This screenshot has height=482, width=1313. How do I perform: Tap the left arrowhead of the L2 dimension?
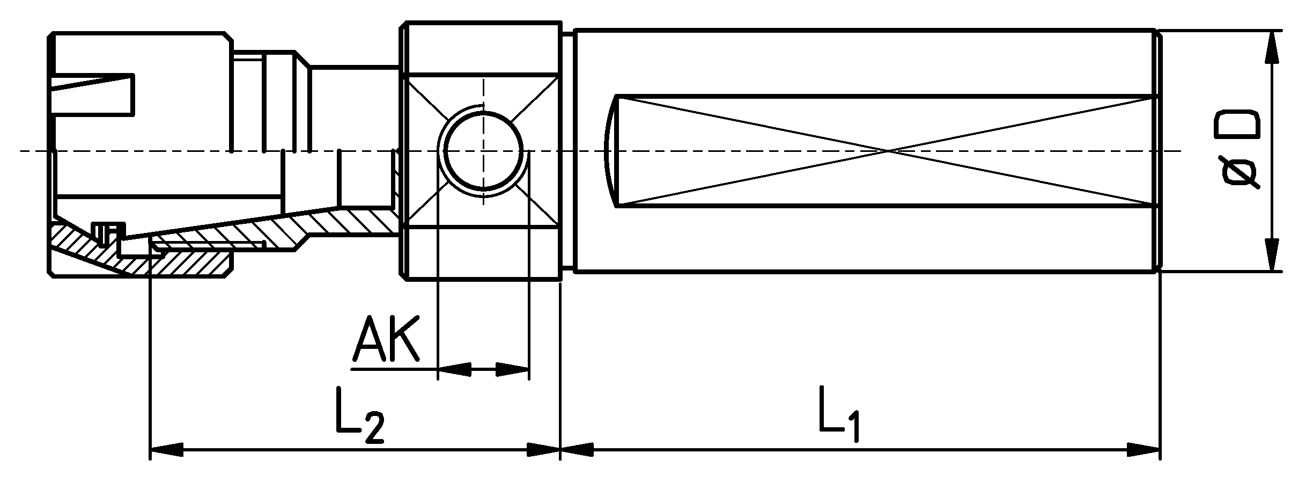(x=166, y=450)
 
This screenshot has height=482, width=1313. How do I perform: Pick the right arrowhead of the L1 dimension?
(x=1144, y=450)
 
